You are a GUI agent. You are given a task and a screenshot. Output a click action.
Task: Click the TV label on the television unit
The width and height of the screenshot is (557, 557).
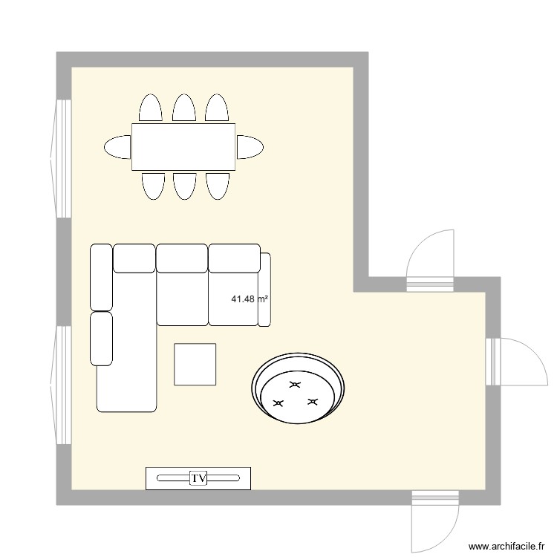click(x=198, y=478)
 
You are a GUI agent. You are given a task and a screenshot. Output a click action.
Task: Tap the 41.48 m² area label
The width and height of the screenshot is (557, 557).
click(x=250, y=299)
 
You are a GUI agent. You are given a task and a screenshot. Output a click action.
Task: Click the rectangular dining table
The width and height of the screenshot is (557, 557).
click(x=183, y=147)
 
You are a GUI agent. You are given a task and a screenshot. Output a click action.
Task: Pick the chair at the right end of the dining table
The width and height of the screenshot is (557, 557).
click(x=250, y=147)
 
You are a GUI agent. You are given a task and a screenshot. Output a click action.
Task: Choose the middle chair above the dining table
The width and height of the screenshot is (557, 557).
click(x=183, y=108)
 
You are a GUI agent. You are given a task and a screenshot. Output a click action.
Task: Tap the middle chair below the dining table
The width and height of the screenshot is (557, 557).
click(x=183, y=186)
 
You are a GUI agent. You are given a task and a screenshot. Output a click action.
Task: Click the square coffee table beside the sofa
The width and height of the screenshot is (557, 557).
click(x=195, y=364)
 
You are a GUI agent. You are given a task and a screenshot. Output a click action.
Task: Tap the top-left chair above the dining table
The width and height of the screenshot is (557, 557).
click(x=151, y=108)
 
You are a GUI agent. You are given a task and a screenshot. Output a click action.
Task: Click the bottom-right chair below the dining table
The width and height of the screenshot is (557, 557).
click(x=217, y=186)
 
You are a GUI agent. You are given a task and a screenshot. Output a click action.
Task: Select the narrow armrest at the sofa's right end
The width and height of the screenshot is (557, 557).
click(x=264, y=289)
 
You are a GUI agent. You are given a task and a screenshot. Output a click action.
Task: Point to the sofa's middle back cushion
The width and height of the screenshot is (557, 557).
click(x=182, y=257)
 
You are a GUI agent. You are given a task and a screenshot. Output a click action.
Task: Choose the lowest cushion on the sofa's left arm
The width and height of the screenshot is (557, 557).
click(x=101, y=339)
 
